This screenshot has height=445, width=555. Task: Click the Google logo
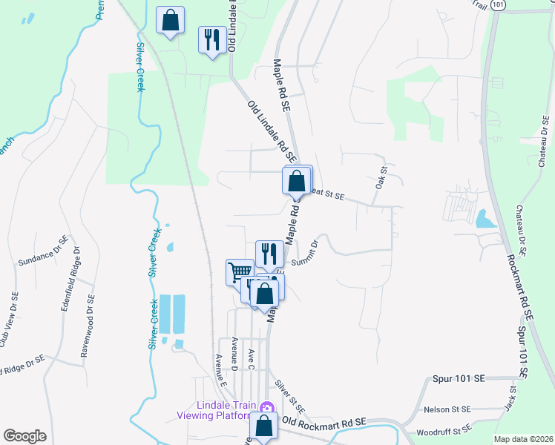(x=25, y=436)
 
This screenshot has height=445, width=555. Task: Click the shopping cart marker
(x=240, y=271)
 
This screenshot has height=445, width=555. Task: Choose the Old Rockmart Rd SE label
(x=324, y=421)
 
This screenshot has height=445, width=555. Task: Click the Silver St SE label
(x=289, y=397)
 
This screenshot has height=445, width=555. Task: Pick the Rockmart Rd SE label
(x=519, y=281)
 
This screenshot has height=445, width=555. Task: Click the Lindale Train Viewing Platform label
(x=216, y=410)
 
